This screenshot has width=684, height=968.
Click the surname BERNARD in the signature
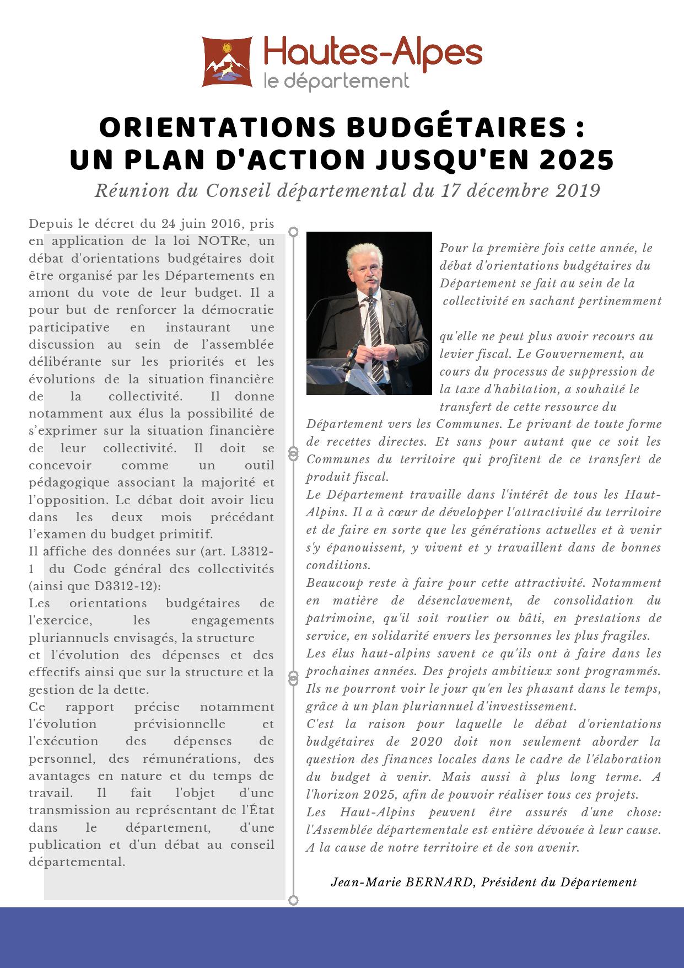coord(439,882)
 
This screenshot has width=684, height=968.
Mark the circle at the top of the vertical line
coord(294,231)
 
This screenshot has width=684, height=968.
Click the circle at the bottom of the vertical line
coord(294,901)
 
